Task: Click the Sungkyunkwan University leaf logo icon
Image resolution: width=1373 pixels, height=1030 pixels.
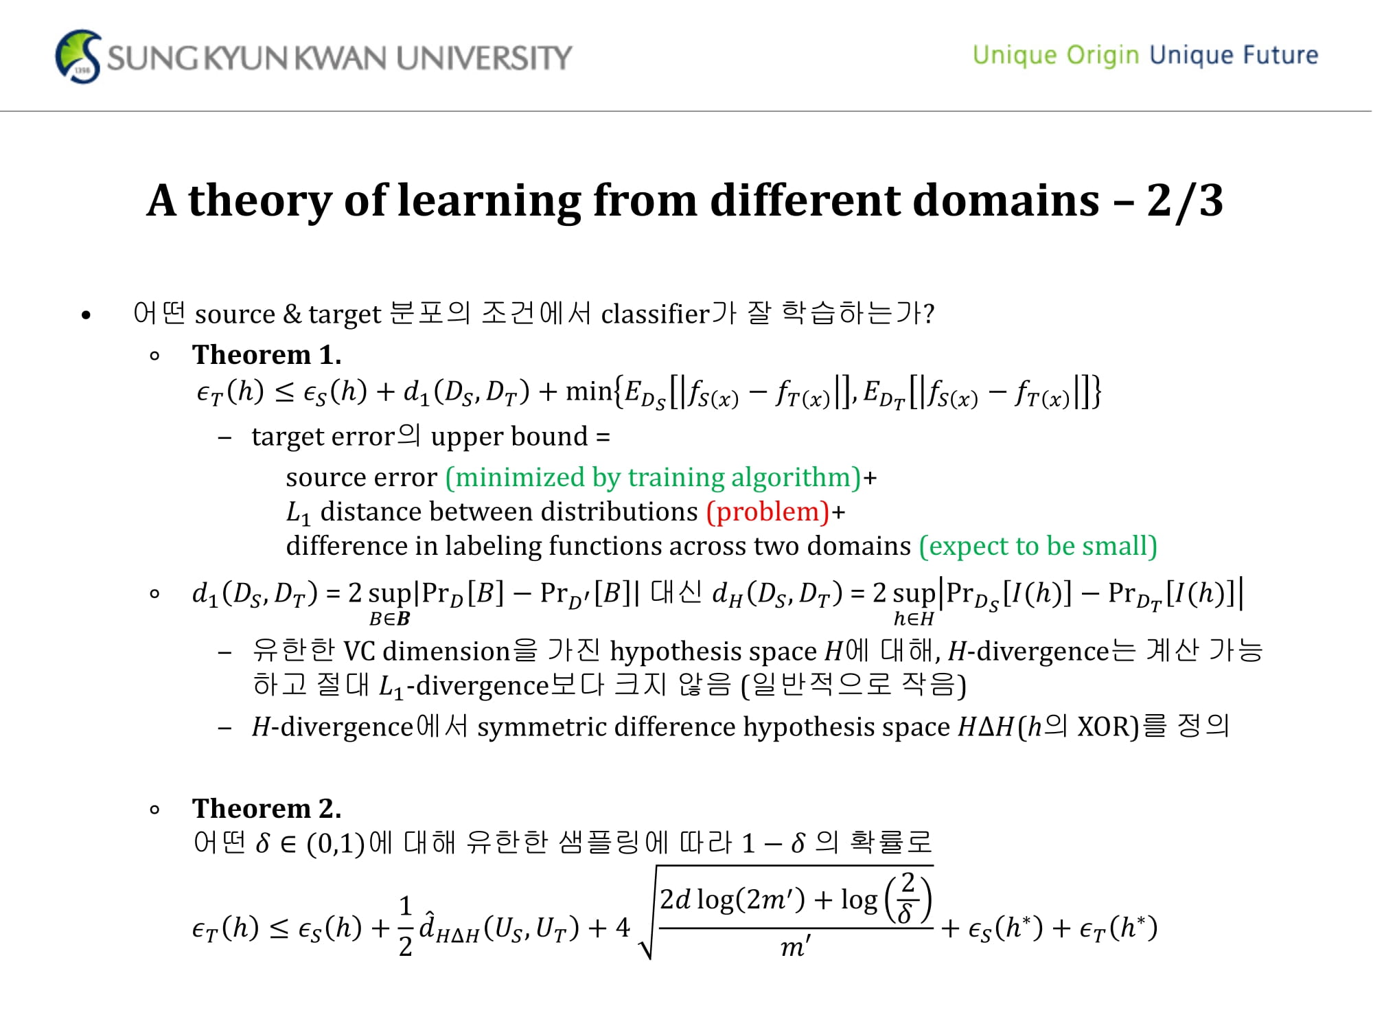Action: [78, 56]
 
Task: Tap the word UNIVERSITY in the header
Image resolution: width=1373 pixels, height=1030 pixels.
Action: [484, 58]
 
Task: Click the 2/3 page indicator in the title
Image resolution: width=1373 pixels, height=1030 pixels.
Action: [1185, 201]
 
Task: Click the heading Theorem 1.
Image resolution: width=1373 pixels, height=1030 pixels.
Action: [267, 354]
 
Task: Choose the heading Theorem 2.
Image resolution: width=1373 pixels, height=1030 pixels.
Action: [267, 808]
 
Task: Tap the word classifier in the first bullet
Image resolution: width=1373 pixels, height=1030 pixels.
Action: [655, 314]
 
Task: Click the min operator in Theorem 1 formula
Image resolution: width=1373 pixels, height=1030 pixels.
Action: [588, 391]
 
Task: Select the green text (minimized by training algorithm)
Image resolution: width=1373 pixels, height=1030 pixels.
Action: [653, 477]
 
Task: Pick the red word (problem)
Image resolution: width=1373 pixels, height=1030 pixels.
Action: [768, 512]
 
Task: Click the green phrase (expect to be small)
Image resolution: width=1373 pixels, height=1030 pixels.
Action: [1038, 546]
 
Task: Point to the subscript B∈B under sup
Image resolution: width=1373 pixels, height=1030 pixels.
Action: [390, 619]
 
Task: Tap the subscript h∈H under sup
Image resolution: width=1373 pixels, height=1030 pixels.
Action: [914, 619]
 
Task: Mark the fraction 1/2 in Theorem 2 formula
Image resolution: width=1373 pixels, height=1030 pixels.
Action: [406, 926]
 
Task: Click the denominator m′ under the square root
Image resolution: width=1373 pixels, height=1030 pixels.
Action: [796, 946]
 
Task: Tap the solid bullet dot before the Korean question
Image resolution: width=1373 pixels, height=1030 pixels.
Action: [86, 315]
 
